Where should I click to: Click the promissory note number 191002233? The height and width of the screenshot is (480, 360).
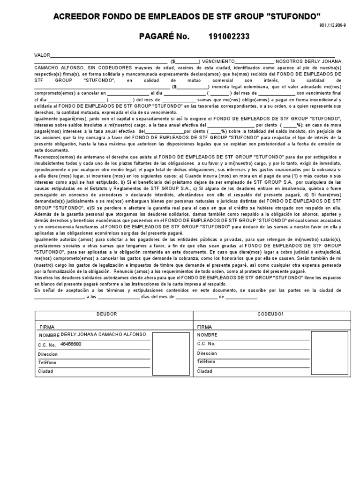[229, 37]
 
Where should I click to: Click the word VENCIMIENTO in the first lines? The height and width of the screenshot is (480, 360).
[217, 61]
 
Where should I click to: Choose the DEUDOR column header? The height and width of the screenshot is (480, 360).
[106, 314]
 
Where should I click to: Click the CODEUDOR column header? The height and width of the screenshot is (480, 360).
[270, 314]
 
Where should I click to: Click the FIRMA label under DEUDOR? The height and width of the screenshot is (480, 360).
[47, 326]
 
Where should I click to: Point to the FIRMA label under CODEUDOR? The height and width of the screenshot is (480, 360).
[204, 326]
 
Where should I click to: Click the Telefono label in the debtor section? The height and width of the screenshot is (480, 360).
[47, 362]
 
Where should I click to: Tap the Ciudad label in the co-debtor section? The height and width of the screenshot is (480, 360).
[204, 371]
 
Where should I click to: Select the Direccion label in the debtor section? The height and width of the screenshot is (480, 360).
[48, 354]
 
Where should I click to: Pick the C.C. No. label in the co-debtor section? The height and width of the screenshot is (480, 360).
[206, 344]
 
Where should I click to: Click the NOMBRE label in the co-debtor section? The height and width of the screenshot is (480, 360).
[207, 335]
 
